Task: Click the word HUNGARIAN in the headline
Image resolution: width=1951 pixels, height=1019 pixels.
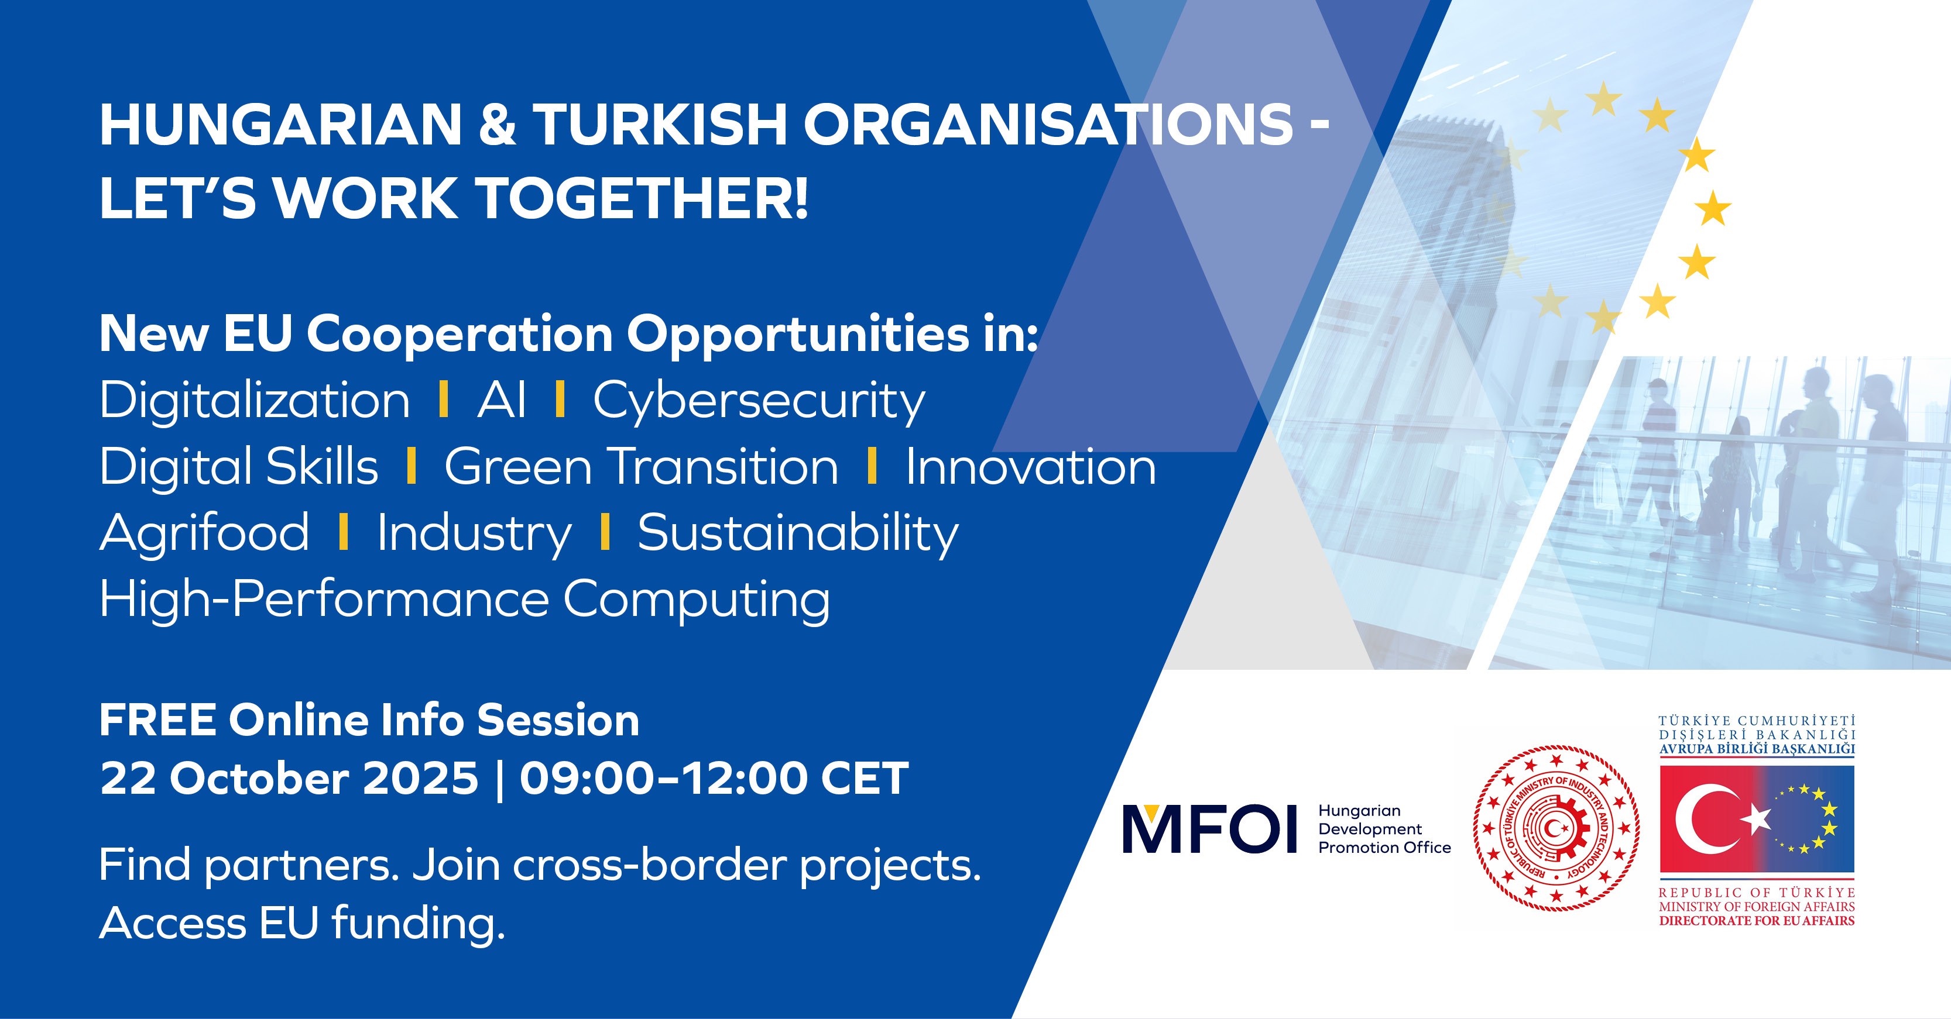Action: click(281, 125)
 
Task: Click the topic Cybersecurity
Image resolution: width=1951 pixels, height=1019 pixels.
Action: click(759, 402)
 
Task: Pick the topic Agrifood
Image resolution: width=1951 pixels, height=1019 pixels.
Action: click(204, 533)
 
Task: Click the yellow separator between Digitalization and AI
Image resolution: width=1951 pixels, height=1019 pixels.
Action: click(444, 399)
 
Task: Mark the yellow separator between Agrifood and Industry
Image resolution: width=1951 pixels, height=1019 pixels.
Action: click(344, 532)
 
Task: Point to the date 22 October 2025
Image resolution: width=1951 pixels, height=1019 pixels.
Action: click(289, 778)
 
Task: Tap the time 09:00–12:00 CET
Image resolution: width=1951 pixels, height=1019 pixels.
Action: click(714, 778)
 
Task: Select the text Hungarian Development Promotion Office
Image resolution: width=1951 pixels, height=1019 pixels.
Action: click(1384, 829)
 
